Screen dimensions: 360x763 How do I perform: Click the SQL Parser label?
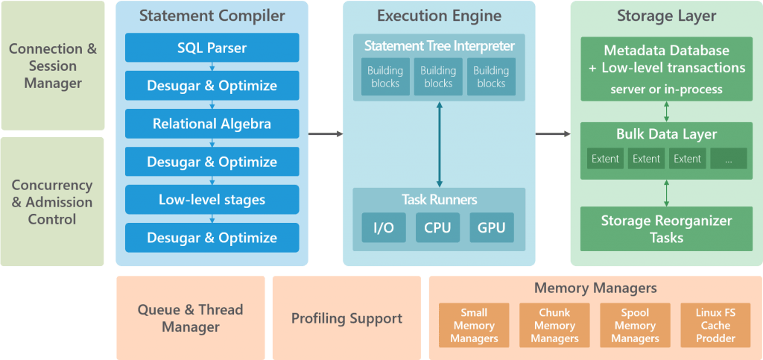(x=212, y=48)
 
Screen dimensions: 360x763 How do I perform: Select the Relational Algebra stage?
(x=212, y=124)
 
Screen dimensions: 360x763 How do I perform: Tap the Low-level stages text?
(x=212, y=200)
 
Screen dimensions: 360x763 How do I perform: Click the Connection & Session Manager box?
(x=53, y=66)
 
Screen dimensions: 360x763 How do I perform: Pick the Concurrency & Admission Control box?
(x=53, y=202)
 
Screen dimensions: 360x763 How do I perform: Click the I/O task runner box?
(x=384, y=227)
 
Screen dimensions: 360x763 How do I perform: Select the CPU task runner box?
(x=437, y=227)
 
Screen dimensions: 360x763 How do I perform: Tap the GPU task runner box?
(x=491, y=227)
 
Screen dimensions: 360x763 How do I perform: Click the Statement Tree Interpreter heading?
(x=438, y=46)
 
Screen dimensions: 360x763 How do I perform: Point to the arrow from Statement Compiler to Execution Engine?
(x=326, y=134)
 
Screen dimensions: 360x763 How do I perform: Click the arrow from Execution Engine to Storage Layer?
(x=553, y=134)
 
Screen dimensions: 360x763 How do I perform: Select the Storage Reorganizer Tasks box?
(x=666, y=229)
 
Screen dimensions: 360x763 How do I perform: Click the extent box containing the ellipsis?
(x=728, y=158)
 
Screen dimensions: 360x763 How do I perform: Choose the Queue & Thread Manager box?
(x=190, y=318)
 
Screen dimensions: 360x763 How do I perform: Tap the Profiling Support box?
(x=346, y=318)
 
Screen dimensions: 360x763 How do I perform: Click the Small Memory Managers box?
(x=474, y=326)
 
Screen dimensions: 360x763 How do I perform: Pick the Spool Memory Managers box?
(x=635, y=326)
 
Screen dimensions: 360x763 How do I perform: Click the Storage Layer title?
(x=666, y=16)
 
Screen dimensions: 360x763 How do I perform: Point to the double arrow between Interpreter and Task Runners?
(x=439, y=145)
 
